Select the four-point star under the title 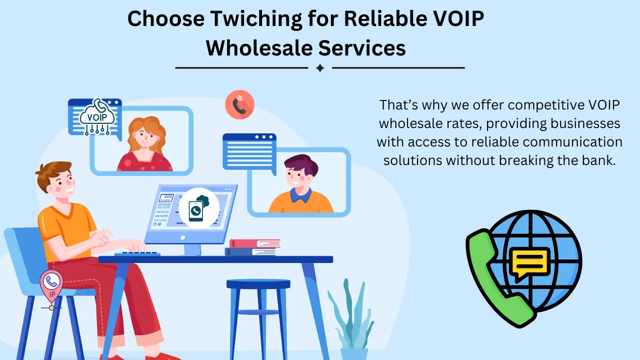(x=320, y=68)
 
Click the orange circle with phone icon (x=239, y=105)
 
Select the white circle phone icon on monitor (x=198, y=208)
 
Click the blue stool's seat (x=258, y=284)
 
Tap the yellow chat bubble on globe (x=528, y=262)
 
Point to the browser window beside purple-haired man (x=248, y=150)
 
